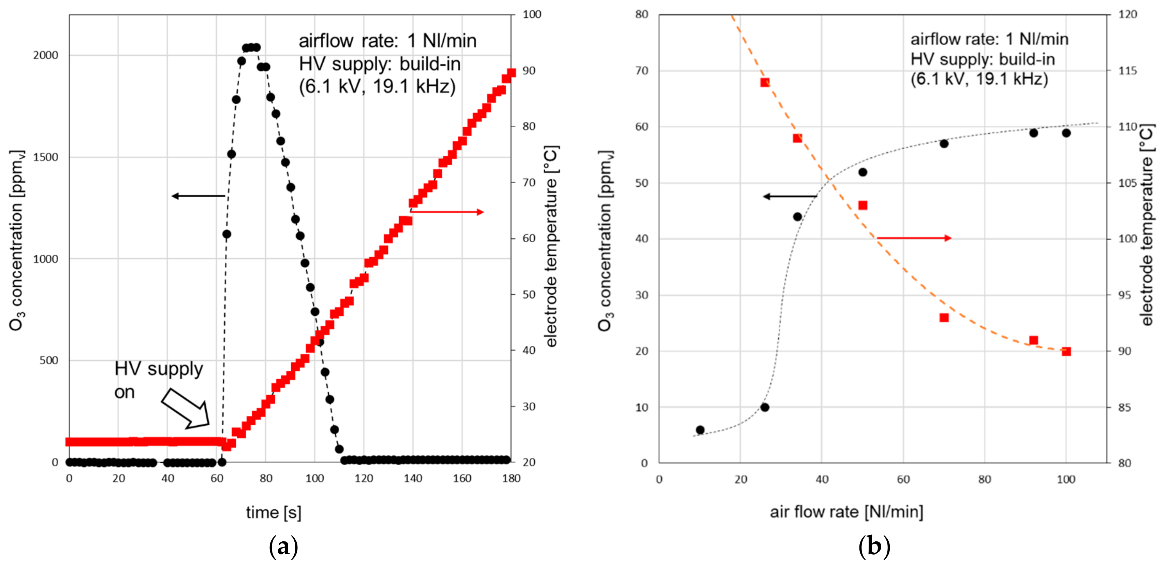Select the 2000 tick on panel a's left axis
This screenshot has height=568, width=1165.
[x=46, y=55]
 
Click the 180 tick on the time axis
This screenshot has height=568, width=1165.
[x=511, y=478]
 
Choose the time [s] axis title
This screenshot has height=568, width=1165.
[x=274, y=512]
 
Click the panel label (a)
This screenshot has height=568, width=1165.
[x=283, y=547]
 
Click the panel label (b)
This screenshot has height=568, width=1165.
[x=874, y=547]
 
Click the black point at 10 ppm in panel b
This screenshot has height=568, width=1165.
[x=765, y=407]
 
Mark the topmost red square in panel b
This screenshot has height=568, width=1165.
[x=765, y=82]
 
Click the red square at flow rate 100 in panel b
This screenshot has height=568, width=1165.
[x=1066, y=351]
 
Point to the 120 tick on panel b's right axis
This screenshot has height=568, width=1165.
[x=1127, y=14]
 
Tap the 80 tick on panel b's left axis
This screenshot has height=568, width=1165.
[x=641, y=14]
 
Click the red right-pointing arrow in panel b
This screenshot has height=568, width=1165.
[x=914, y=238]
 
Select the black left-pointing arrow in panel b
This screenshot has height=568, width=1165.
[x=790, y=196]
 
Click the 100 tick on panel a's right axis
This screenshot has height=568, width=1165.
[x=532, y=14]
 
